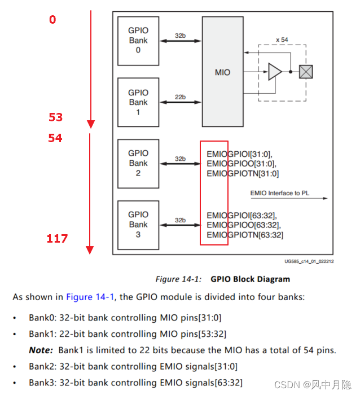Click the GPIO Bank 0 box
point(138,41)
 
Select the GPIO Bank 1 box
point(138,102)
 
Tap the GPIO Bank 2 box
point(138,163)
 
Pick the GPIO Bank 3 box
point(138,224)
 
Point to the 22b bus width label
point(179,97)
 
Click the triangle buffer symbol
point(274,72)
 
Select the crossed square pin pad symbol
point(306,72)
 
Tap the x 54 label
point(282,39)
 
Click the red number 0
point(52,20)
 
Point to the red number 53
point(55,117)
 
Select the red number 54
point(55,138)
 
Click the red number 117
point(57,239)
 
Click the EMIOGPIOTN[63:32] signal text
point(245,235)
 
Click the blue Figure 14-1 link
point(90,296)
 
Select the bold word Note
point(41,350)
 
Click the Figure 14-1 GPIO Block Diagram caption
point(222,279)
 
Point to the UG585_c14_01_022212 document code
point(309,261)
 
